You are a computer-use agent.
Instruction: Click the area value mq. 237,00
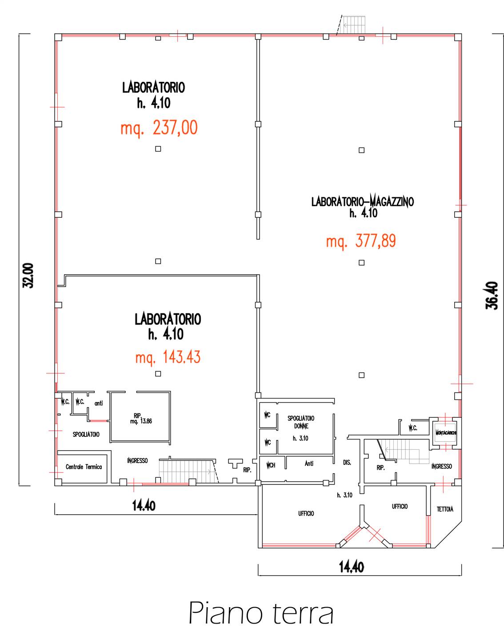[x=159, y=128]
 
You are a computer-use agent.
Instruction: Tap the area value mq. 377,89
[x=361, y=241]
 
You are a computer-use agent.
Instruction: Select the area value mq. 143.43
[x=168, y=357]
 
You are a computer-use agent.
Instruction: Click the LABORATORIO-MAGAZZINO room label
[x=362, y=202]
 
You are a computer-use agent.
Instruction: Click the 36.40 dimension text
[x=492, y=296]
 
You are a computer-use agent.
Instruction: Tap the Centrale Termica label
[x=84, y=467]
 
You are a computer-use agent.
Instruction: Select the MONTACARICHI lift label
[x=445, y=433]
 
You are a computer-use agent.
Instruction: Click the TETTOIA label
[x=445, y=509]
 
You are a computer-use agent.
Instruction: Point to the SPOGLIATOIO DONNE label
[x=301, y=422]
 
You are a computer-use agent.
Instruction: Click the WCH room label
[x=271, y=465]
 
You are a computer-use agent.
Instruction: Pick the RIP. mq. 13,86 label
[x=141, y=418]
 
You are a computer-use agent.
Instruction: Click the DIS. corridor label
[x=347, y=463]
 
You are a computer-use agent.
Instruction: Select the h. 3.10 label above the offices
[x=344, y=495]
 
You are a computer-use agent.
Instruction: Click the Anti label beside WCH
[x=309, y=464]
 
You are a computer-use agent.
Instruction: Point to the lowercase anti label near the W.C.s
[x=99, y=403]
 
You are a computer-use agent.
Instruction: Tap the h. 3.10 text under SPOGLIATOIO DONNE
[x=300, y=438]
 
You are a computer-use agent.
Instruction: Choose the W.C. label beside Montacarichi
[x=412, y=428]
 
